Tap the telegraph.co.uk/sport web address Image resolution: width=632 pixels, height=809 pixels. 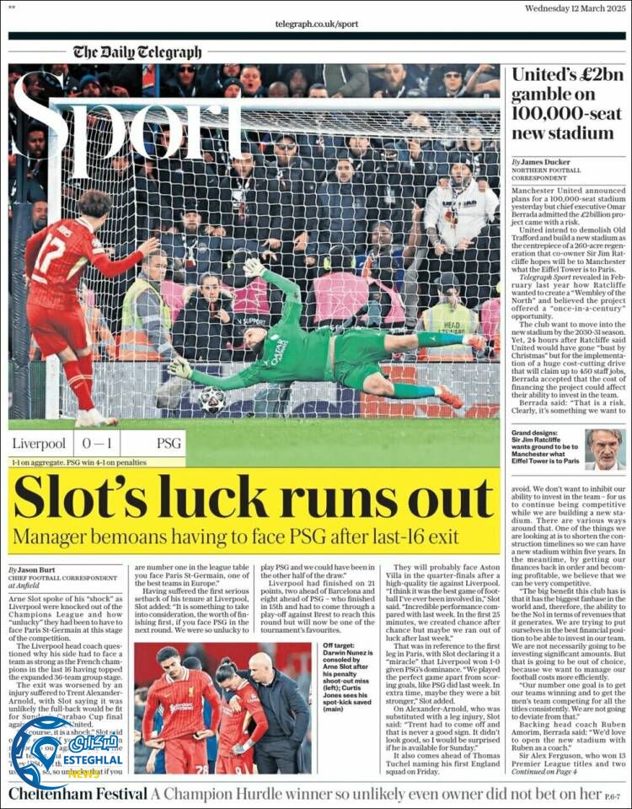coord(316,24)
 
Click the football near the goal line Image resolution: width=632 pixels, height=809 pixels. coord(213,399)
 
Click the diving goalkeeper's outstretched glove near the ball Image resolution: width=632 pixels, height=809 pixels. coord(180,368)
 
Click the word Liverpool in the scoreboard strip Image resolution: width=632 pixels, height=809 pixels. coord(39,444)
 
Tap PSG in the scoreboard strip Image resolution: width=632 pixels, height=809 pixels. coord(169,444)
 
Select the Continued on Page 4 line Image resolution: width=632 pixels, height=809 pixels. coord(556,770)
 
